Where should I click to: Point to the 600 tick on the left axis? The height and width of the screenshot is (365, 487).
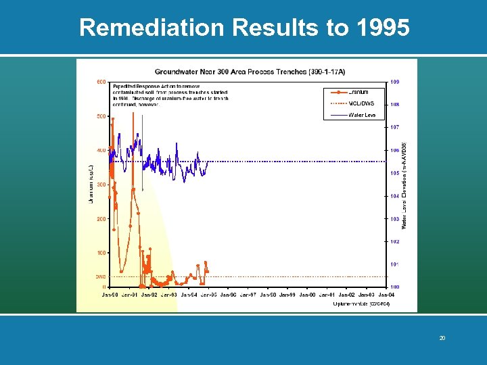100,82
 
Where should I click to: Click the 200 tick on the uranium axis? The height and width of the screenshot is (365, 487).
100,219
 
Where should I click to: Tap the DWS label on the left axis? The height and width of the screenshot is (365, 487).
99,276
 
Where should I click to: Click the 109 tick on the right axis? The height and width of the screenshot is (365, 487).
395,82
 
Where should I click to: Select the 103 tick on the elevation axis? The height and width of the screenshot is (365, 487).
395,218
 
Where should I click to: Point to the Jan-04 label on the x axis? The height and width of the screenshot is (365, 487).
386,295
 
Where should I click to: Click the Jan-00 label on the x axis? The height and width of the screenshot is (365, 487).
307,295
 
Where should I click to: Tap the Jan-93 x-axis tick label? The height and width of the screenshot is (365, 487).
168,295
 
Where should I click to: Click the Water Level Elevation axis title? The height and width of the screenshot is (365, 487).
404,184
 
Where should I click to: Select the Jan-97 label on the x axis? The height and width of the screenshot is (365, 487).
248,295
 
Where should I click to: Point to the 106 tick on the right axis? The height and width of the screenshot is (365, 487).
395,150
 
